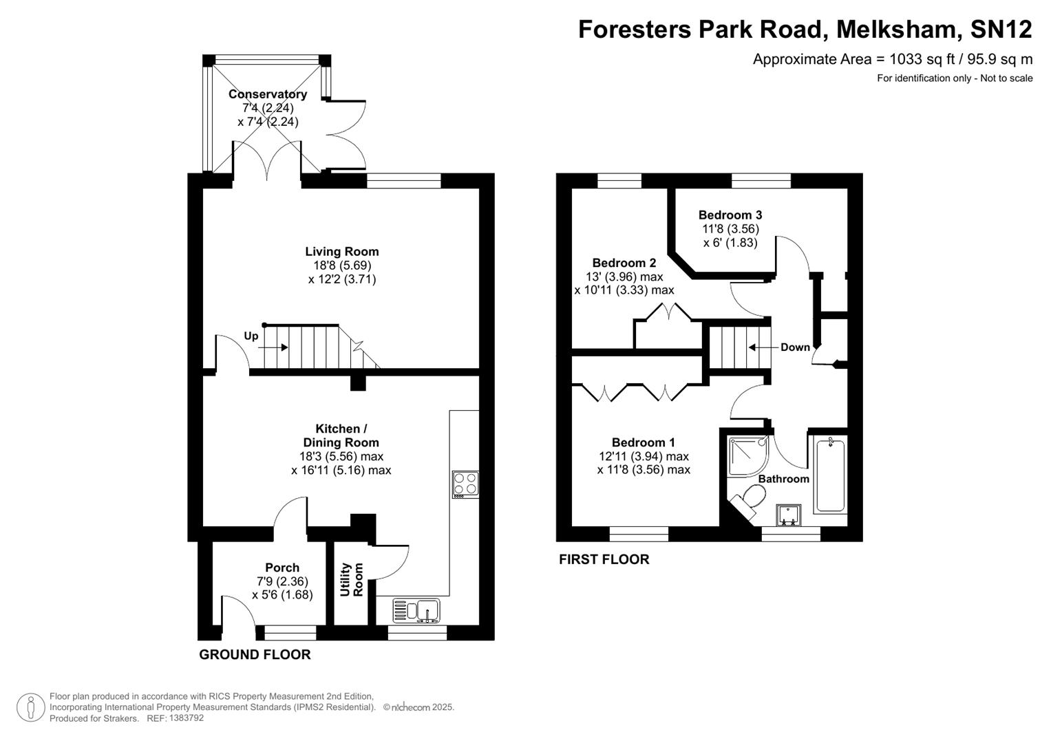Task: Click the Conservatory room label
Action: (268, 94)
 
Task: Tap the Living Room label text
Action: (342, 252)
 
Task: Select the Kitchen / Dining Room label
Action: (341, 435)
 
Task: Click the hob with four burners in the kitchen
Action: (465, 484)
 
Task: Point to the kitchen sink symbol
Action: (417, 610)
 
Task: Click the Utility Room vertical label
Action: (351, 579)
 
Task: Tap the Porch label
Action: (282, 568)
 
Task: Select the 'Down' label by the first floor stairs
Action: (795, 347)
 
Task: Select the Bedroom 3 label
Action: (730, 215)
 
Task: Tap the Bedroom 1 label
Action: (644, 442)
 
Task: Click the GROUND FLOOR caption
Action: (255, 654)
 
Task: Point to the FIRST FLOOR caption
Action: (604, 559)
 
